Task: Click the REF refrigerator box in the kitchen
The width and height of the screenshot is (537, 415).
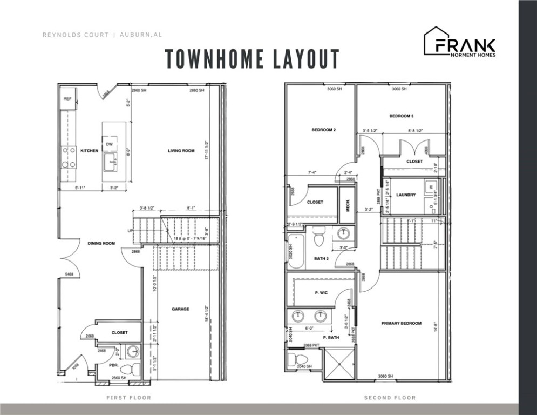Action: pos(68,99)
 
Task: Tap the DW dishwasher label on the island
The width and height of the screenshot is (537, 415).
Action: pos(108,144)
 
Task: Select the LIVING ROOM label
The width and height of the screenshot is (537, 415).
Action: pos(181,151)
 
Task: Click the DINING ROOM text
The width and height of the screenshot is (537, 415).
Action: pos(101,244)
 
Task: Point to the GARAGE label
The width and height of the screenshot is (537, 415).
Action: pos(180,309)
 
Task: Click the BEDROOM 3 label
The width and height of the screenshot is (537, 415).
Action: pos(402,116)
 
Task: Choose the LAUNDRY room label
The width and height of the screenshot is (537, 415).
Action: pos(405,195)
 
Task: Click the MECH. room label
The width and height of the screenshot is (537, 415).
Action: pos(348,202)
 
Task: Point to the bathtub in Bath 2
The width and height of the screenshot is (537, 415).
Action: pos(295,251)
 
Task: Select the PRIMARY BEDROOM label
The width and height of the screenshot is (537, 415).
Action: pos(401,323)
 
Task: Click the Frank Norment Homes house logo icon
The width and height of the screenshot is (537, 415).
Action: pos(436,41)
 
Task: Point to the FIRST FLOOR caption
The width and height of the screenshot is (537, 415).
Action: pos(128,398)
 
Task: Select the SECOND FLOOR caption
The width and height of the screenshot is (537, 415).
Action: pos(390,398)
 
